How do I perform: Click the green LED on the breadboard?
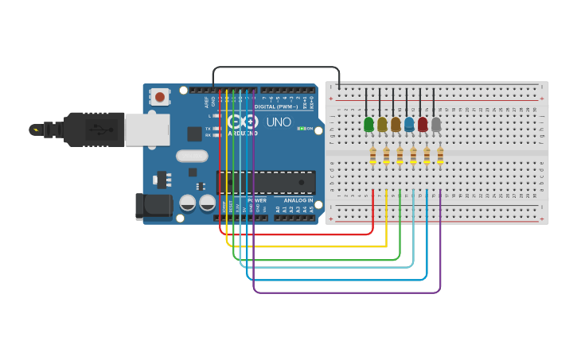click(368, 124)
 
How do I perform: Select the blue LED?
click(409, 124)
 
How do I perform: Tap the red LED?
click(423, 124)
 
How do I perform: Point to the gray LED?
click(436, 124)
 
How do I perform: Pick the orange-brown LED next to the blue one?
click(396, 124)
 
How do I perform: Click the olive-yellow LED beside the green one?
click(382, 124)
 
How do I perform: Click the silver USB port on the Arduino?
click(147, 129)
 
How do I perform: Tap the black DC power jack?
click(154, 207)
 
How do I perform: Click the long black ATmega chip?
click(266, 183)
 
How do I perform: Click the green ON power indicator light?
click(301, 128)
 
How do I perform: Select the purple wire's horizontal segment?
click(346, 292)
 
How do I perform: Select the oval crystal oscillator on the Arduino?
click(192, 157)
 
